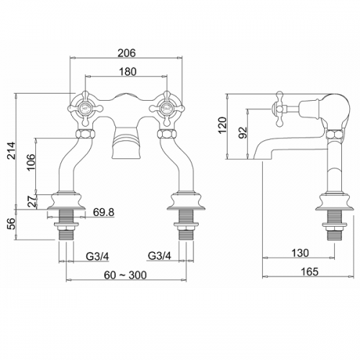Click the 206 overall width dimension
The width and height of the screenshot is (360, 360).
[x=127, y=53]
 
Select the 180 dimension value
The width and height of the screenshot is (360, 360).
[x=127, y=72]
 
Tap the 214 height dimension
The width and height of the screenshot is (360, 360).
[x=11, y=150]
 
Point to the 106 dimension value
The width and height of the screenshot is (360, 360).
[x=31, y=162]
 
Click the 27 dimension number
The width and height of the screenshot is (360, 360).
[x=32, y=201]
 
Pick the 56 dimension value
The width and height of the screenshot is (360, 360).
[x=11, y=224]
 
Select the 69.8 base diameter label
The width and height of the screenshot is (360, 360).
[x=104, y=212]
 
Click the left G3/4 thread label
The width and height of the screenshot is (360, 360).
[x=97, y=256]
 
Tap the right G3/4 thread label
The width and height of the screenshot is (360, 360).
[x=160, y=256]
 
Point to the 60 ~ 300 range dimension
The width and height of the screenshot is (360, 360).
[x=125, y=275]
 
